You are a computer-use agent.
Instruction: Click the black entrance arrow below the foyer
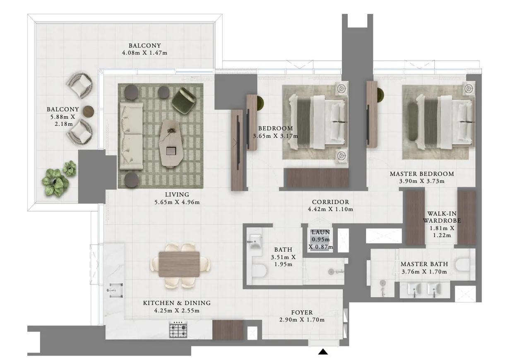point(323,352)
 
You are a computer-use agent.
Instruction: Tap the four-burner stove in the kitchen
point(178,330)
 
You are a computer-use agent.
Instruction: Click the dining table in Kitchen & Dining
point(179,264)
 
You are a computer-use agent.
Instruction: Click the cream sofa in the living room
point(131,136)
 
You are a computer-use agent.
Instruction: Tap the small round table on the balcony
point(89,111)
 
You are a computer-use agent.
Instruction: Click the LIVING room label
point(177,194)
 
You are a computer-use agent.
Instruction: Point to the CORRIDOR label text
point(330,202)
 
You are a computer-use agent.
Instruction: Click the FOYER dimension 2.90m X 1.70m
point(302,320)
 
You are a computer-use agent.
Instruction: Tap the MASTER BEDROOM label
point(422,174)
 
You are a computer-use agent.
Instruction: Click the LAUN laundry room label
point(320,233)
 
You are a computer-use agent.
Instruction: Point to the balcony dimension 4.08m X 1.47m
point(144,53)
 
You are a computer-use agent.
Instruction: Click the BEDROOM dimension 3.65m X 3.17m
point(275,135)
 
